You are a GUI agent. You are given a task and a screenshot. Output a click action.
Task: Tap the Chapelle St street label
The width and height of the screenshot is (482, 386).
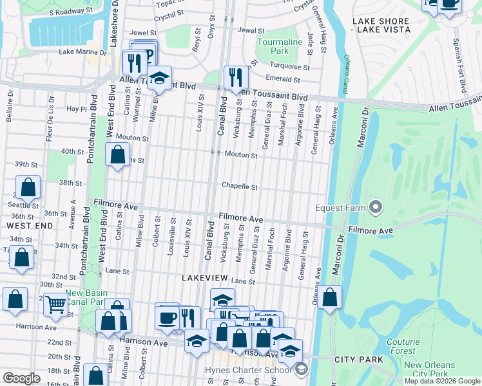240,187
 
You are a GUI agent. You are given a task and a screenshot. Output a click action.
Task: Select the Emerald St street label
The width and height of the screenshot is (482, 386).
284,79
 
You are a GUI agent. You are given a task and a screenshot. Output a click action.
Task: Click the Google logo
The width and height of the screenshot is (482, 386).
21,378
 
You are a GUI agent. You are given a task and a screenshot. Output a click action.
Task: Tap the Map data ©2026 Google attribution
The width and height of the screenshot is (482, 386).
441,381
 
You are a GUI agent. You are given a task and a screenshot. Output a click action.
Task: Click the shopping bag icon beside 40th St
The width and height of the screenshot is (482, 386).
117,154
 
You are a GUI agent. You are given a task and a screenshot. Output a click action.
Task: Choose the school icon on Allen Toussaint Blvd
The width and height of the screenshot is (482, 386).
159,78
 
